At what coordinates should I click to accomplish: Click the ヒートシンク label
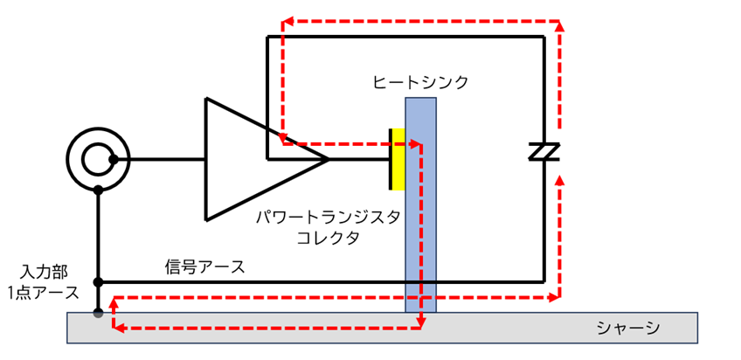[x=420, y=83]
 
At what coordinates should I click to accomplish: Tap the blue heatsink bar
[x=420, y=205]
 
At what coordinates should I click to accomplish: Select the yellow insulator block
[x=398, y=159]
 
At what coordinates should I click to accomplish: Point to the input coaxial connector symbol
[x=98, y=159]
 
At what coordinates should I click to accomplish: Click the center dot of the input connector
[x=114, y=160]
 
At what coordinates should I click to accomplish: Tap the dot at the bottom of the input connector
[x=98, y=190]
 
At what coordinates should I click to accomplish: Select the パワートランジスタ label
[x=328, y=218]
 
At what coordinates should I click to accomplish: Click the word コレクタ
[x=328, y=238]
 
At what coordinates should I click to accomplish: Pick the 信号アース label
[x=204, y=267]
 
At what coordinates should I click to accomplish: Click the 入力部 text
[x=44, y=272]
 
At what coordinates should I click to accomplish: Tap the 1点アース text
[x=43, y=293]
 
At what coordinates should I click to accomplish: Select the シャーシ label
[x=627, y=328]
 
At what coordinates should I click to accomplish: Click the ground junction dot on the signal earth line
[x=98, y=282]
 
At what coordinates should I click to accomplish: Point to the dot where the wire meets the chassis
[x=98, y=313]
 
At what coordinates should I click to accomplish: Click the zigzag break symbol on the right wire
[x=544, y=152]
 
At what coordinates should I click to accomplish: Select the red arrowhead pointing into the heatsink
[x=416, y=143]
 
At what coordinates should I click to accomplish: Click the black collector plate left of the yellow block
[x=391, y=159]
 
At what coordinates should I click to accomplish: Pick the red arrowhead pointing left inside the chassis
[x=119, y=327]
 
